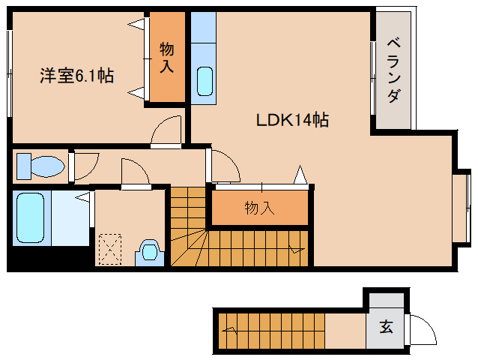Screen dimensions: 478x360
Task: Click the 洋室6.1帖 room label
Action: [77, 76]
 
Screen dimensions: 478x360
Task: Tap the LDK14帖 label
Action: [292, 120]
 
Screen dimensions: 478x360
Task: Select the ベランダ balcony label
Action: [393, 70]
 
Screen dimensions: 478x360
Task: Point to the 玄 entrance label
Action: [386, 326]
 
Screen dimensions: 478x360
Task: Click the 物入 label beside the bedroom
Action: [167, 58]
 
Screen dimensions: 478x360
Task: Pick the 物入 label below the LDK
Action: [259, 208]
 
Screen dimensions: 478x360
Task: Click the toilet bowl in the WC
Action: [48, 166]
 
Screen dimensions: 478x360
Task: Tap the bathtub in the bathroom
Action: [30, 217]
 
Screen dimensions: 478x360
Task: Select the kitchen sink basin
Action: [205, 82]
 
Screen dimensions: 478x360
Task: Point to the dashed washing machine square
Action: [110, 249]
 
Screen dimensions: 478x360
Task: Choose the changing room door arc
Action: [141, 166]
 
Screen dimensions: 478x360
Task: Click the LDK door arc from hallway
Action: [231, 159]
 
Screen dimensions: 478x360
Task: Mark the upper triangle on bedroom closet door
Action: [136, 24]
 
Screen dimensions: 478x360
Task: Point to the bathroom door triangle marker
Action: [82, 197]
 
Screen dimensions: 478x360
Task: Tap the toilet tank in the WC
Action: [24, 166]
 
